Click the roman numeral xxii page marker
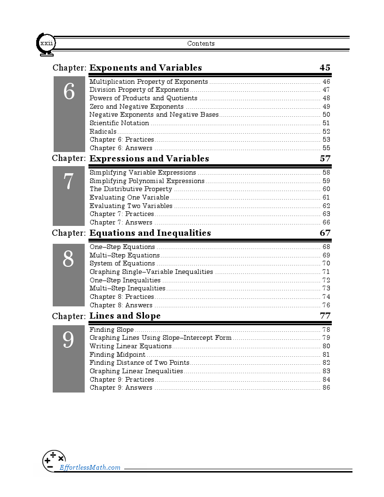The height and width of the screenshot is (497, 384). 47,43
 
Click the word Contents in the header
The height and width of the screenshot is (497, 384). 201,44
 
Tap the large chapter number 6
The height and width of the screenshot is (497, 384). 69,92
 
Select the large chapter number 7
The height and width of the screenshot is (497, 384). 69,182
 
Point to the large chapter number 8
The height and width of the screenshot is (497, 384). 68,259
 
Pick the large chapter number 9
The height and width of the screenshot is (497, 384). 68,340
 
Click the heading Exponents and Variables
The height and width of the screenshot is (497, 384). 145,68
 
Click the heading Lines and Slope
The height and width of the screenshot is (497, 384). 125,316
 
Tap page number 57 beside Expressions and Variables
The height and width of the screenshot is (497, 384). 325,159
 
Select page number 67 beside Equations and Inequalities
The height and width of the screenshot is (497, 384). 325,233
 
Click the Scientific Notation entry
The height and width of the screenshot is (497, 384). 119,123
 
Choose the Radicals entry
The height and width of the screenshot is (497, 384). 103,131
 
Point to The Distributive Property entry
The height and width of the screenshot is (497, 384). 131,189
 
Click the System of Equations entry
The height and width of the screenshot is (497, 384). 122,264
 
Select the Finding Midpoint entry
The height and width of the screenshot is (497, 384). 117,354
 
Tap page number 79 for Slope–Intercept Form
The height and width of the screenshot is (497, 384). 326,338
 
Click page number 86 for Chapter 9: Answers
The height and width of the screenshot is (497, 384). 326,388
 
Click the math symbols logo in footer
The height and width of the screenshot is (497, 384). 54,461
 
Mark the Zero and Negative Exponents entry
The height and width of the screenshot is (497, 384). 136,107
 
